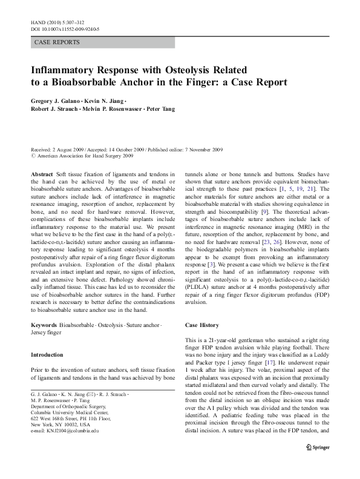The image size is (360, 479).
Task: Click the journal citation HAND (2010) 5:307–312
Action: [x=50, y=21]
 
